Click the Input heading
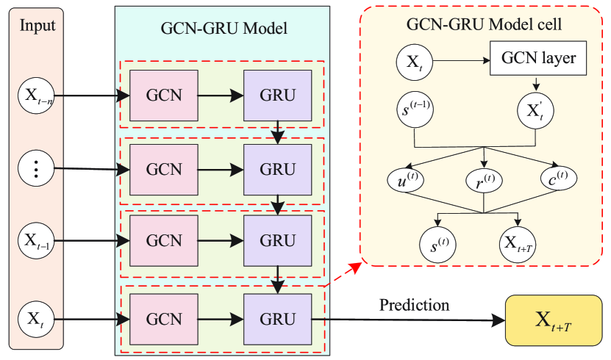point(38,26)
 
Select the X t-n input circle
point(38,96)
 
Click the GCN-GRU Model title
point(223,29)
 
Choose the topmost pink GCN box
point(163,96)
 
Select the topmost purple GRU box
point(278,96)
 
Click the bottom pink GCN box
point(163,319)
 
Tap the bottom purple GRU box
point(278,319)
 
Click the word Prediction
point(415,303)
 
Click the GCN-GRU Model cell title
point(485,25)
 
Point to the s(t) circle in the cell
point(438,242)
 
